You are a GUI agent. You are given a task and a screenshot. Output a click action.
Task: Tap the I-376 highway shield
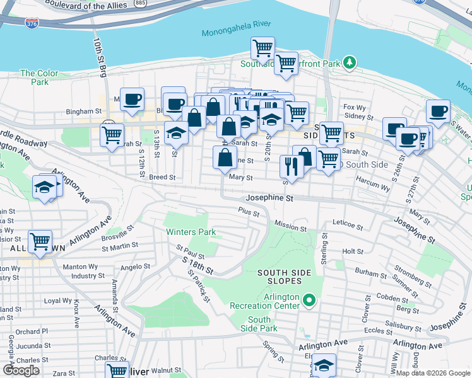pos(32,23)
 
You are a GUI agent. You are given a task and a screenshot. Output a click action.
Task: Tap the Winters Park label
pos(191,232)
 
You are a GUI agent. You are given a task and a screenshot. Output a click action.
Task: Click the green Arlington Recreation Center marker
pos(309,299)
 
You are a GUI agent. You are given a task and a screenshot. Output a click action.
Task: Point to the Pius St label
pos(249,213)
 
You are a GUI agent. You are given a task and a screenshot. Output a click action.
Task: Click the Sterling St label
pos(325,249)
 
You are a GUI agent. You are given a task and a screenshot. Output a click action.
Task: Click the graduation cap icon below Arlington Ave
pos(324,364)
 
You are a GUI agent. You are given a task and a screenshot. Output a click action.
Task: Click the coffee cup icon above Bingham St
pos(133,99)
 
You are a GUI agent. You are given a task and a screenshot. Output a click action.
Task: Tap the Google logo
pos(21,370)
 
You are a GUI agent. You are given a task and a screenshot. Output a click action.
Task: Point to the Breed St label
pos(162,178)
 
